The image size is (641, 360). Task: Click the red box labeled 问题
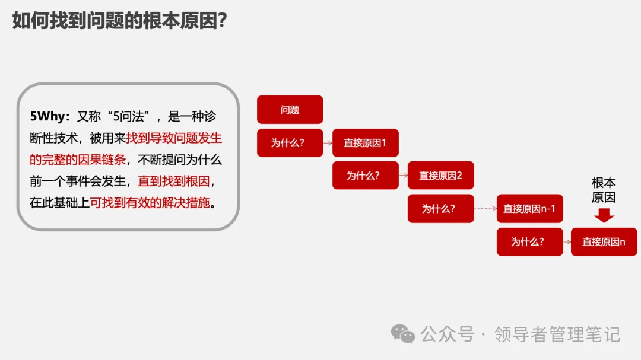coord(290,110)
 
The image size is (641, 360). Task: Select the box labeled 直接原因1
coord(365,143)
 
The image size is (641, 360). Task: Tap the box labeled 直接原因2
coord(440,176)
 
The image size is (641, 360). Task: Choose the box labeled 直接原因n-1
coord(529,209)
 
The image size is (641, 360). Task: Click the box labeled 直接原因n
coord(604,242)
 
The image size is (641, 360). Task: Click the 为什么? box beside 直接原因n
coord(529,242)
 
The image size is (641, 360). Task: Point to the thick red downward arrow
coord(604,215)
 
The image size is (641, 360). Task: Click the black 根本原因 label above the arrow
coord(604,190)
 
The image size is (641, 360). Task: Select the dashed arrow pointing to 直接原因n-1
coord(485,209)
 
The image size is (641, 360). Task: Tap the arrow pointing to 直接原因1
coord(328,143)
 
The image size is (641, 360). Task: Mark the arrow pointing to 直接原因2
coord(403,176)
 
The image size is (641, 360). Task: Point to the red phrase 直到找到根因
coord(172,181)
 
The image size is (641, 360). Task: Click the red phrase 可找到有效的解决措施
coord(150,203)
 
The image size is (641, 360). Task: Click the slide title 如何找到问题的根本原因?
coord(119,21)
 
